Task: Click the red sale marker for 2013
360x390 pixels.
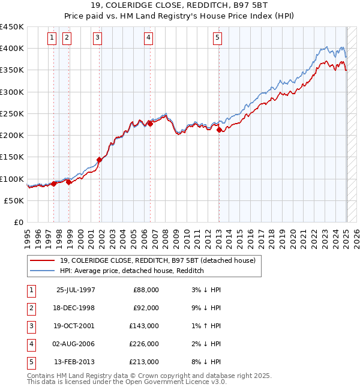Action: click(x=219, y=130)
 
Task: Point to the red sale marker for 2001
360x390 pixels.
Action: click(x=99, y=160)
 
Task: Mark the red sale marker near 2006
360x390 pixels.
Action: click(x=150, y=124)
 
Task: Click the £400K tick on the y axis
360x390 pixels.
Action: click(x=12, y=49)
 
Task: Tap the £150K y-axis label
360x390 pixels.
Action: click(x=12, y=157)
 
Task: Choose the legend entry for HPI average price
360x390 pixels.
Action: click(x=132, y=271)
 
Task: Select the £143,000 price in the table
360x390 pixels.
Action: click(x=145, y=326)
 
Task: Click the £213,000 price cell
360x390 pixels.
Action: click(x=145, y=362)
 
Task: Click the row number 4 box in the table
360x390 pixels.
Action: click(x=30, y=344)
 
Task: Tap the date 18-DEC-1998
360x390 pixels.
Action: click(x=75, y=308)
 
